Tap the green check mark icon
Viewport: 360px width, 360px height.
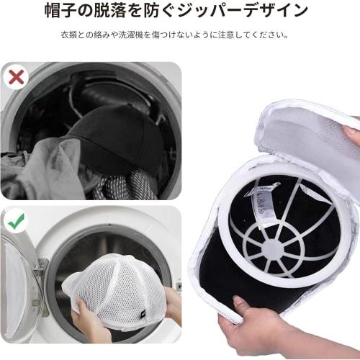[16, 220]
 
